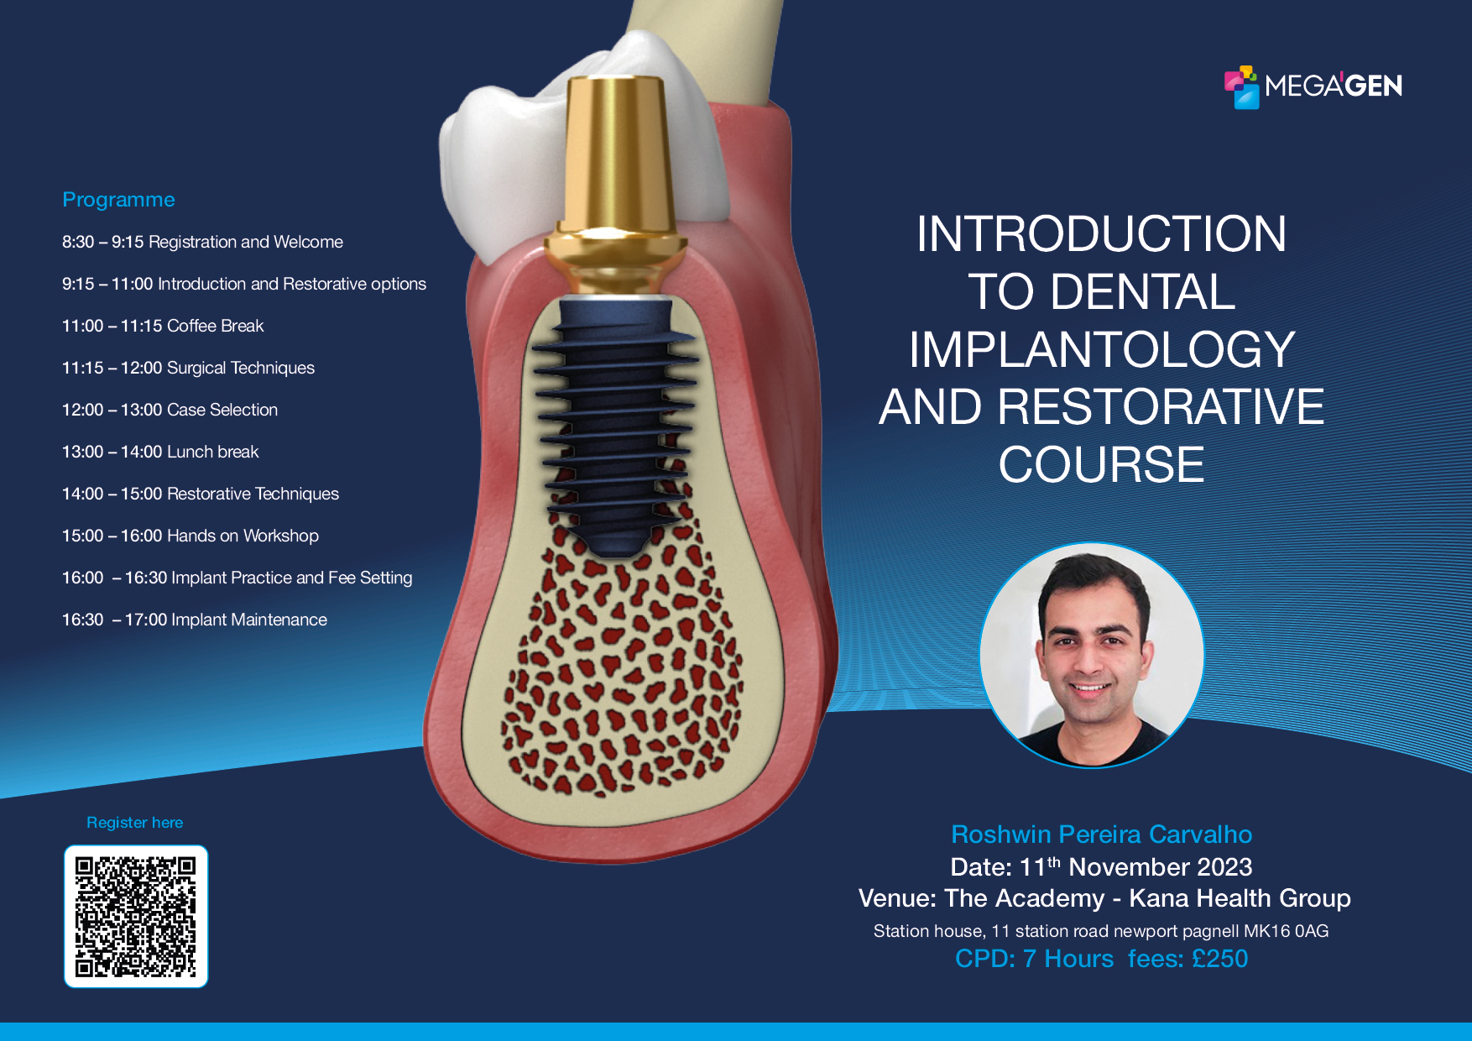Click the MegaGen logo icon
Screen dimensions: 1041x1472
pos(1242,87)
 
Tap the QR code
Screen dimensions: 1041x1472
pos(136,916)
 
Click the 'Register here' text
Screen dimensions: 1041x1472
pos(134,823)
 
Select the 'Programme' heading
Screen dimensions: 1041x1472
pos(118,200)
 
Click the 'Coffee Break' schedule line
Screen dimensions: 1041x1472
pos(163,326)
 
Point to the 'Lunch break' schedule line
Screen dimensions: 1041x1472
pos(160,452)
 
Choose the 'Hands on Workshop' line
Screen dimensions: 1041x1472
pos(191,536)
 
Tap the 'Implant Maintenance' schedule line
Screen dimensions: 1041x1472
pos(195,620)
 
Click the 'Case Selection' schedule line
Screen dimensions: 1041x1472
pos(170,410)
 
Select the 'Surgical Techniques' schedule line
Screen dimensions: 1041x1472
pos(188,368)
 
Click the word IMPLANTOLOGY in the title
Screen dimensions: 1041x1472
pos(1101,349)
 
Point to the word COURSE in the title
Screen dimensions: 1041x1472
pos(1101,464)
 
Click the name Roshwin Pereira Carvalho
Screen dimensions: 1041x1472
pos(1101,834)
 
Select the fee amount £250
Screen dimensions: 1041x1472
pos(1219,959)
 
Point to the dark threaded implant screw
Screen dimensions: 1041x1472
pos(617,420)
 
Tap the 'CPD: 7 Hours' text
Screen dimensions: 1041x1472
pos(1034,959)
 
